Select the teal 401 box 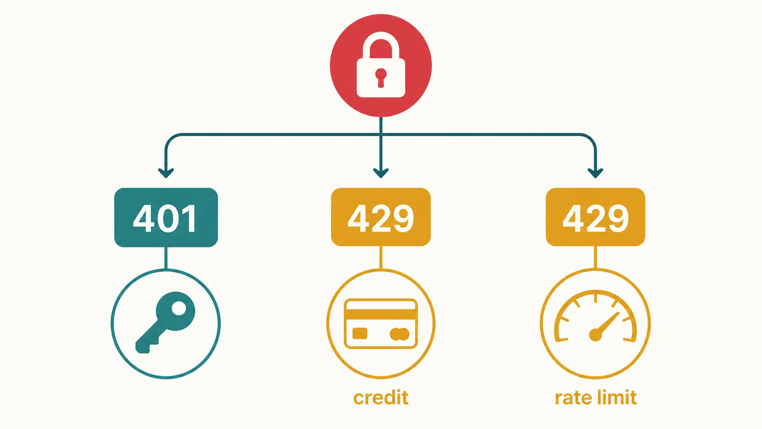point(166,217)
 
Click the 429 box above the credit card point(381,217)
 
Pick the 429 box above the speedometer point(595,217)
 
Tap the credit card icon point(381,324)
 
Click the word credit point(381,398)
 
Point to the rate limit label point(596,398)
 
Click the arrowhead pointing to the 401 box point(166,173)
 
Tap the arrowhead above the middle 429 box point(381,173)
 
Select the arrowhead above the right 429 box point(595,173)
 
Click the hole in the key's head point(179,309)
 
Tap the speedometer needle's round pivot point(595,335)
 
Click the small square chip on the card point(360,333)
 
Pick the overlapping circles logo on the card point(400,334)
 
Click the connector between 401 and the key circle point(166,258)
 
